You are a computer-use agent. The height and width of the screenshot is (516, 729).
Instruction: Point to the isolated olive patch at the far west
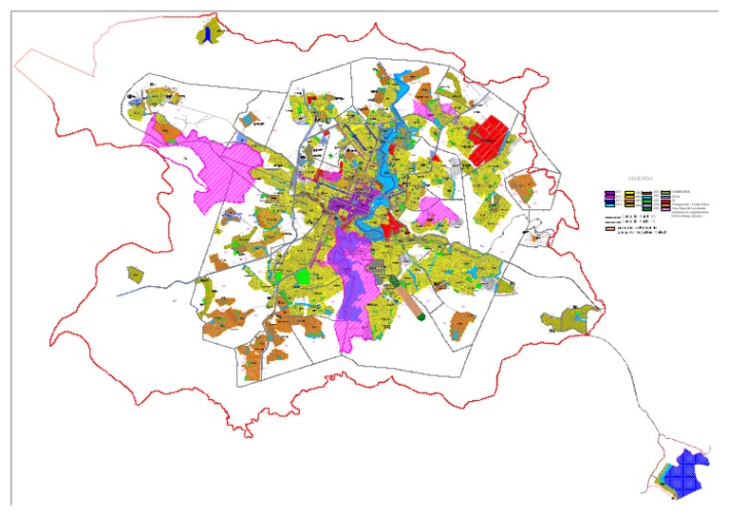point(135,275)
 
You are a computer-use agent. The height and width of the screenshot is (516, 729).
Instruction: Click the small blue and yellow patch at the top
point(207,33)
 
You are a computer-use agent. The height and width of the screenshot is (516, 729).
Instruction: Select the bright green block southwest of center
point(303,276)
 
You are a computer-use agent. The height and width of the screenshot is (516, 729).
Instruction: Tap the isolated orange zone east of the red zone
point(522,185)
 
